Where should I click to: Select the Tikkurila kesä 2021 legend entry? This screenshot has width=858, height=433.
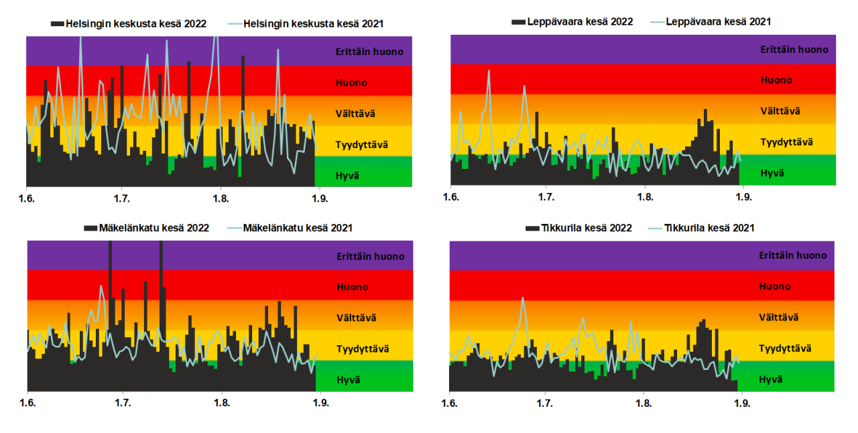(x=709, y=228)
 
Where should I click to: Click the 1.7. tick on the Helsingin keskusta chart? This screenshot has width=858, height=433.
(x=121, y=199)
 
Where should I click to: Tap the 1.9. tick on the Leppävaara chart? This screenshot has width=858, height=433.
(x=742, y=197)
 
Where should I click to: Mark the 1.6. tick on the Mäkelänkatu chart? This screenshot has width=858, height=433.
(x=27, y=404)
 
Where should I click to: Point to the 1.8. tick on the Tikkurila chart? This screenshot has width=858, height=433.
(x=643, y=404)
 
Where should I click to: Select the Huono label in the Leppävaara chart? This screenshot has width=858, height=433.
(x=776, y=80)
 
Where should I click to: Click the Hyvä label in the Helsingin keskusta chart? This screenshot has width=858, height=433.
(x=347, y=175)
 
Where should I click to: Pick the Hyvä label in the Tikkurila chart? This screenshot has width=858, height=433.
(x=770, y=379)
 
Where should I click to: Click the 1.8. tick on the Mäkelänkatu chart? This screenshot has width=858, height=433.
(x=221, y=404)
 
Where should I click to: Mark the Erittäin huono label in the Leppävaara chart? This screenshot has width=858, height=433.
(x=794, y=49)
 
